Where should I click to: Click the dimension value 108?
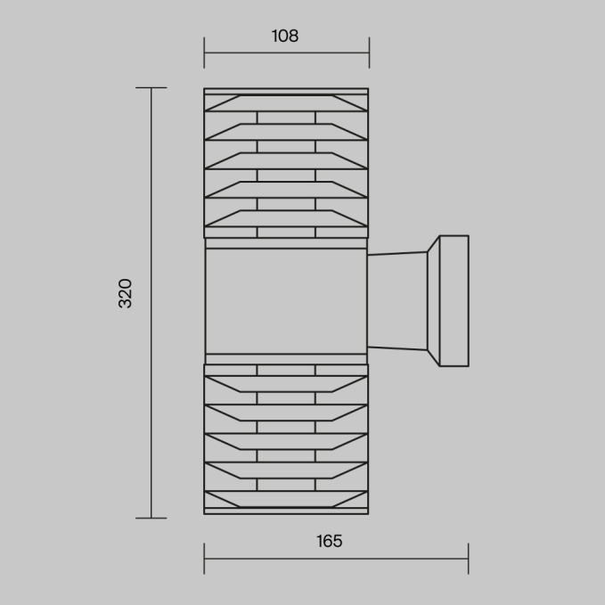[x=285, y=36]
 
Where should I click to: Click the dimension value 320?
[x=125, y=293]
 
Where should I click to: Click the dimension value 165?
[x=329, y=541]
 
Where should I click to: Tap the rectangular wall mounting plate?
[x=454, y=300]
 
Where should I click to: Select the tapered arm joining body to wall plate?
[x=397, y=301]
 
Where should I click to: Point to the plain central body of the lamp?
[x=286, y=301]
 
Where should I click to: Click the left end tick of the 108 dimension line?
[x=204, y=53]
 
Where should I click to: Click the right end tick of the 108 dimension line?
[x=369, y=53]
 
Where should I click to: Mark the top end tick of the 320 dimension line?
[x=151, y=88]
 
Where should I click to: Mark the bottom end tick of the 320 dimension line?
[x=151, y=518]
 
